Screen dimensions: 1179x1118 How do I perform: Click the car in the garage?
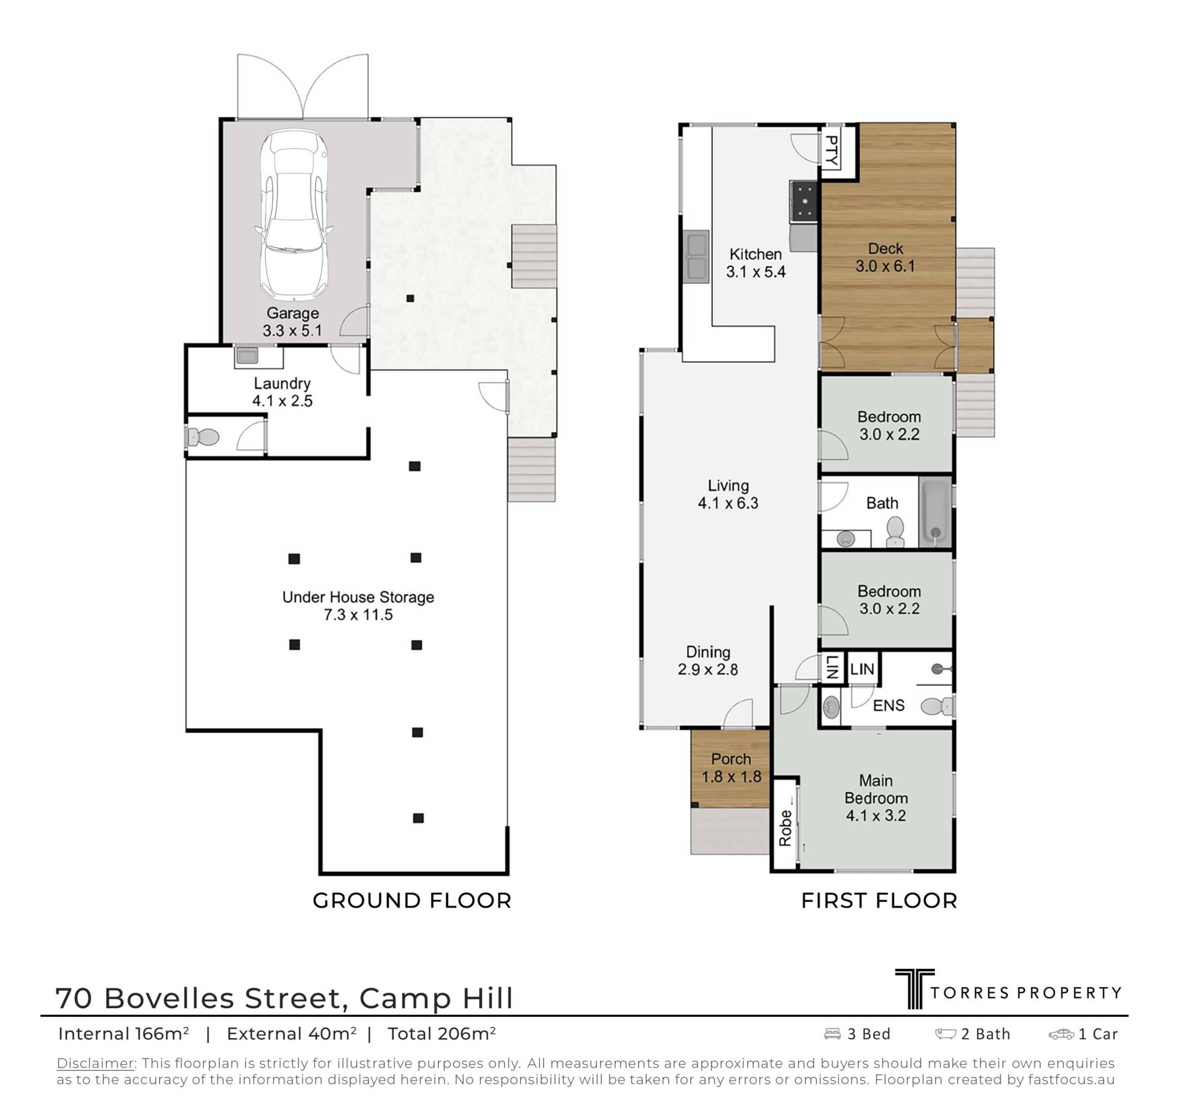click(x=293, y=214)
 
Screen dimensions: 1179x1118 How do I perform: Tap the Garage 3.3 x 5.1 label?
click(x=292, y=322)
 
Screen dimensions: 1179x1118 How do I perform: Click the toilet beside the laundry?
click(x=203, y=437)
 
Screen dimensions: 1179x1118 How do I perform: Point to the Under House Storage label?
click(x=358, y=605)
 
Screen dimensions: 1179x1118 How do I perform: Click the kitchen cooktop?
click(x=803, y=203)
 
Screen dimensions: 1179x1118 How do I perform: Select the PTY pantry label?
click(x=830, y=151)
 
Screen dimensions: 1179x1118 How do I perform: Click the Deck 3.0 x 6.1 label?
click(x=885, y=257)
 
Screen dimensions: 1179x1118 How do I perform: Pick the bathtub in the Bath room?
click(x=935, y=513)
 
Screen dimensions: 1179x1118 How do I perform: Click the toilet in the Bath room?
click(x=895, y=532)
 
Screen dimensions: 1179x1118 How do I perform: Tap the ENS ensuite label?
click(x=889, y=705)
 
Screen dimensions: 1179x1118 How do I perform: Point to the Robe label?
click(x=785, y=828)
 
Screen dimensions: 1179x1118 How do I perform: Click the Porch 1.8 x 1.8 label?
click(x=731, y=768)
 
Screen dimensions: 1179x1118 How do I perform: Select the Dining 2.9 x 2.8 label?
click(x=708, y=661)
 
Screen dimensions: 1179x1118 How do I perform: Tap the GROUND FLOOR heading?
click(x=412, y=901)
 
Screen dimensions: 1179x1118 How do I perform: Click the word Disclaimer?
click(x=95, y=1063)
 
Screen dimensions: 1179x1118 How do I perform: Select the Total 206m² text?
click(x=442, y=1034)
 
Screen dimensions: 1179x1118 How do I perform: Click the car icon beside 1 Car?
click(x=1061, y=1035)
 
